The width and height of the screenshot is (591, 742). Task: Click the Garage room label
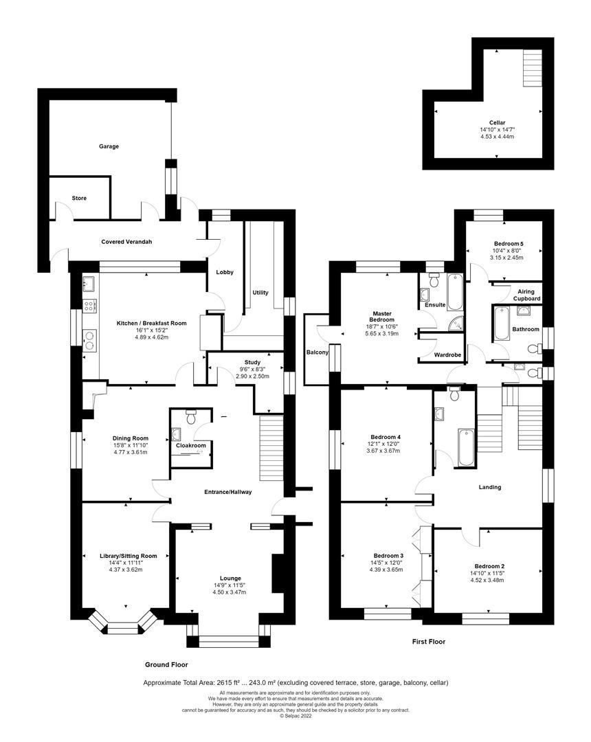pos(109,146)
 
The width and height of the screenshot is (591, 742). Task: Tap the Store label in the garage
pos(79,199)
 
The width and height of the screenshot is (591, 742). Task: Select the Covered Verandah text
pos(126,242)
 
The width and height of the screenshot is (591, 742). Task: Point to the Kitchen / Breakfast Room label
pos(142,323)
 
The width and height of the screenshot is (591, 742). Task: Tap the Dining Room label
pos(131,438)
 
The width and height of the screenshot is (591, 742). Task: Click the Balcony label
pos(317,352)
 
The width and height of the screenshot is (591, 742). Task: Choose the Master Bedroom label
pos(382,315)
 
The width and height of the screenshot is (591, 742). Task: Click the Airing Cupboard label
pos(527,295)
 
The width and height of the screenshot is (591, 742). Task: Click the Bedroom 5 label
pos(509,244)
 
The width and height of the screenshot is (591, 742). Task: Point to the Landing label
pos(490,487)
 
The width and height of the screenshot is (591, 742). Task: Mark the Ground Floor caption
pos(166,664)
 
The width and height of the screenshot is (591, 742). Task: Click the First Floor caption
pos(428,642)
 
